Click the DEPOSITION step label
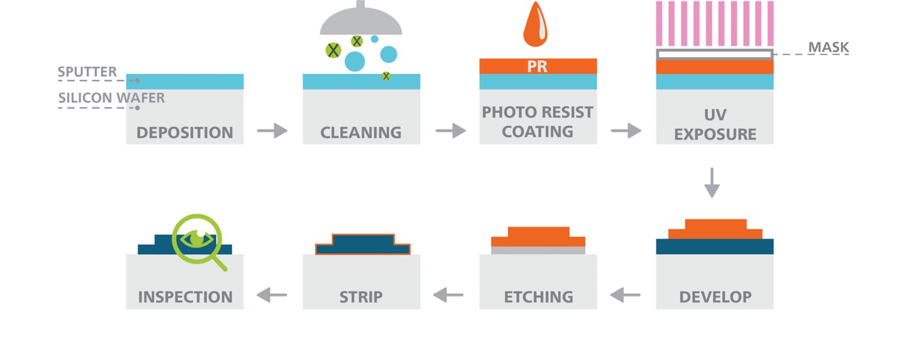tap(184, 133)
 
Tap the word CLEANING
tap(361, 133)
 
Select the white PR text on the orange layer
tap(537, 67)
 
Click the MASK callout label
tap(828, 47)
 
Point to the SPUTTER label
tap(87, 72)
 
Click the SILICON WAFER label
tap(111, 98)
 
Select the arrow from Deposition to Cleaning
tap(272, 131)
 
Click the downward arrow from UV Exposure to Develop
tap(712, 183)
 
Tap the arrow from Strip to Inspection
tap(272, 295)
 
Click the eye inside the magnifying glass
tap(197, 238)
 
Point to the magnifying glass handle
tap(219, 264)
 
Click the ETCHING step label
tap(538, 297)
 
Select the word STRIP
tap(361, 297)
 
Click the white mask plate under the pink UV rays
tap(714, 55)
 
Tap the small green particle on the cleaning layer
tap(386, 76)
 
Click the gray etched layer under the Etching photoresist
tap(538, 250)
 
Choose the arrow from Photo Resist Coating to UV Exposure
tap(626, 131)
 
